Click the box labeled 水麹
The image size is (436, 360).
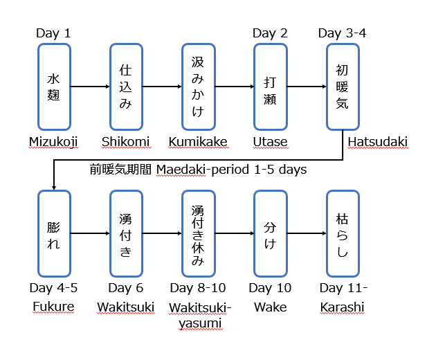[55, 87]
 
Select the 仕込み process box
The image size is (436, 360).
[126, 87]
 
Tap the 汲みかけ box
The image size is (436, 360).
[198, 87]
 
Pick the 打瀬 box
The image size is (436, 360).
[270, 87]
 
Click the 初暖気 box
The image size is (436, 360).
[343, 87]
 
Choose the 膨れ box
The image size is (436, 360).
[55, 233]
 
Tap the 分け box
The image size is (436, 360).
[270, 233]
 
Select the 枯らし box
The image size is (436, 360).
[343, 233]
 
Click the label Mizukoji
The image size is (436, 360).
[53, 142]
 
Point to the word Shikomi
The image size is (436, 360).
[125, 142]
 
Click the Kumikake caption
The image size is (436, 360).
[198, 142]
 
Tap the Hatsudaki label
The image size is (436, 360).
[378, 142]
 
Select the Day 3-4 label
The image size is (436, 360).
[342, 33]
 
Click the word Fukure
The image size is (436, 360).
[54, 307]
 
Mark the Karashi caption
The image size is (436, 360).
[342, 307]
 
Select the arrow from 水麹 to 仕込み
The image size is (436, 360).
[91, 87]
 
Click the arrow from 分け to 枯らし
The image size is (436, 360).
[307, 233]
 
